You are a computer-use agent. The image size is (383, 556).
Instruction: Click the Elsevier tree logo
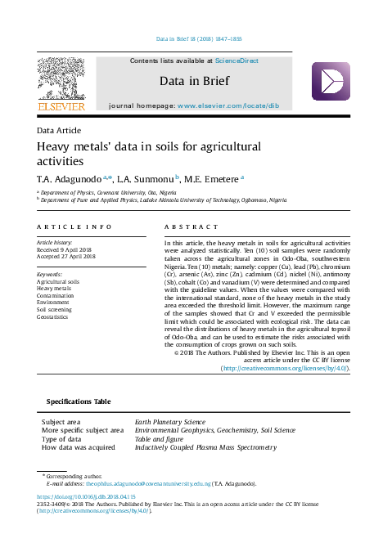click(x=61, y=79)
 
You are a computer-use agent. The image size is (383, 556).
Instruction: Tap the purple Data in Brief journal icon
click(x=330, y=82)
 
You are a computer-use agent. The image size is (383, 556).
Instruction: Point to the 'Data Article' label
click(x=58, y=130)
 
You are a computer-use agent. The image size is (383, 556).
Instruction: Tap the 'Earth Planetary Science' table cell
click(x=170, y=422)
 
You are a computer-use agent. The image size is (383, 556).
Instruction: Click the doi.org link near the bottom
click(x=75, y=496)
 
